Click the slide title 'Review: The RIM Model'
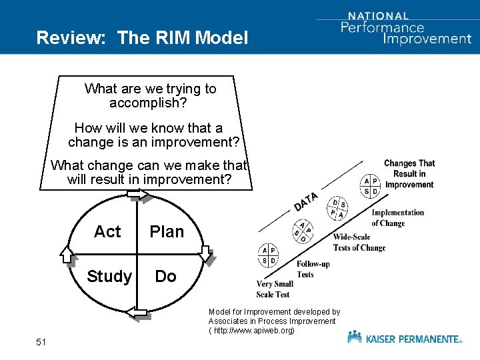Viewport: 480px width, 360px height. (x=142, y=37)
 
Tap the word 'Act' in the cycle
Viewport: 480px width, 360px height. (x=107, y=231)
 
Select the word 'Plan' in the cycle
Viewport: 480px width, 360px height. (x=167, y=231)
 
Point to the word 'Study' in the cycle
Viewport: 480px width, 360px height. (x=109, y=276)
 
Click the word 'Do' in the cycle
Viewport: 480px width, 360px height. (x=165, y=276)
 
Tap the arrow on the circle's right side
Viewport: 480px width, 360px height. (x=206, y=255)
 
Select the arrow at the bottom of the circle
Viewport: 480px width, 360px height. (x=137, y=311)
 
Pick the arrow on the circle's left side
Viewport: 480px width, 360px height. (x=67, y=254)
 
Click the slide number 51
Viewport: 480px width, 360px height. (x=41, y=342)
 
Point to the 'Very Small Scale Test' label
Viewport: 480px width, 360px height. (x=275, y=289)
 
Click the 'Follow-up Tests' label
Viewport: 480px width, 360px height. (x=313, y=269)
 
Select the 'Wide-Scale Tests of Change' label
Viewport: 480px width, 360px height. (x=359, y=243)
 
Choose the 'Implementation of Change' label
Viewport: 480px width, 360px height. (x=397, y=218)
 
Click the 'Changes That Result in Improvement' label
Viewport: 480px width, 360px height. (x=409, y=173)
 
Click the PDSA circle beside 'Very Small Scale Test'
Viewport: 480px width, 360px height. (x=269, y=255)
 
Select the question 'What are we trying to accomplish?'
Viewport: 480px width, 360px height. (x=150, y=96)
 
